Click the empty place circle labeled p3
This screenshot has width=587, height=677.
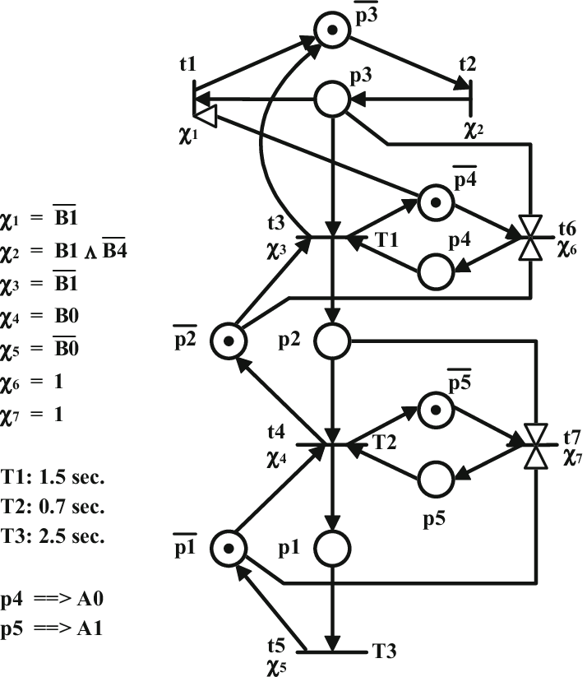point(332,100)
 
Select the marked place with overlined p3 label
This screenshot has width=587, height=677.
point(332,30)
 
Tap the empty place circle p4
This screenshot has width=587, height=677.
point(436,271)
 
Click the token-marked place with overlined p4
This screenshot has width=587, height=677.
point(436,202)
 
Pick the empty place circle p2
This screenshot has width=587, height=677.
point(332,340)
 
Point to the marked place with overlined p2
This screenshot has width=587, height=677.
point(229,340)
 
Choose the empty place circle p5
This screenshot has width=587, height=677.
point(436,477)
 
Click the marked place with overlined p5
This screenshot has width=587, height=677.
point(436,409)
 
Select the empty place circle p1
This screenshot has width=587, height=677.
point(332,547)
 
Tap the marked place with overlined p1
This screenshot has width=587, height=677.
point(229,547)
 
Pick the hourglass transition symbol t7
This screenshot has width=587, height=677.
point(536,446)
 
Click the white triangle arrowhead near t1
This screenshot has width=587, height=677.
point(205,117)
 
